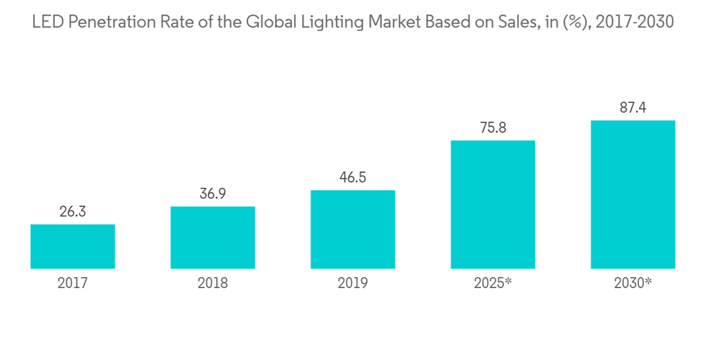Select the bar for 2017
click(73, 246)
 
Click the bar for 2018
click(213, 238)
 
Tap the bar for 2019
click(353, 229)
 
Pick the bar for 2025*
click(493, 204)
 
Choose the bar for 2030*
click(633, 194)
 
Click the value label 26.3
click(73, 212)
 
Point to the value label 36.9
click(213, 194)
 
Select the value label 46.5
click(353, 178)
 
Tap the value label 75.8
click(493, 128)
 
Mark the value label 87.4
click(633, 108)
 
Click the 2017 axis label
click(73, 284)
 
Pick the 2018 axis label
click(213, 284)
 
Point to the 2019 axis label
click(353, 284)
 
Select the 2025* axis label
click(493, 284)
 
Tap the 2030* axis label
click(633, 284)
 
